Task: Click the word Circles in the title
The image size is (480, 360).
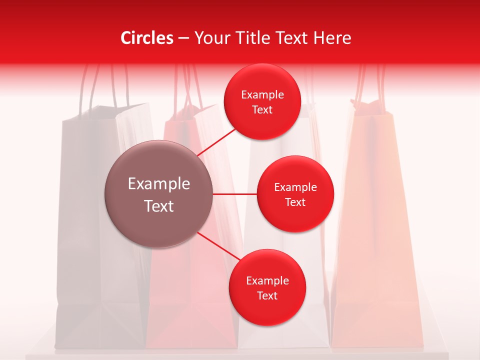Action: click(x=146, y=38)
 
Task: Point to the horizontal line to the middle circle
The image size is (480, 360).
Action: click(x=234, y=193)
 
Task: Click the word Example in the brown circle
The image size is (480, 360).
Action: click(x=158, y=184)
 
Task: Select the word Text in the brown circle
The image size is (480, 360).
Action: click(x=158, y=206)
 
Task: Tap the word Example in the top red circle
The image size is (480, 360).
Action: click(x=262, y=95)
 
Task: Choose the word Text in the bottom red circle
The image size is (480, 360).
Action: click(x=267, y=296)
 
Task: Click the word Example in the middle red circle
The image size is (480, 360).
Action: click(x=295, y=187)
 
